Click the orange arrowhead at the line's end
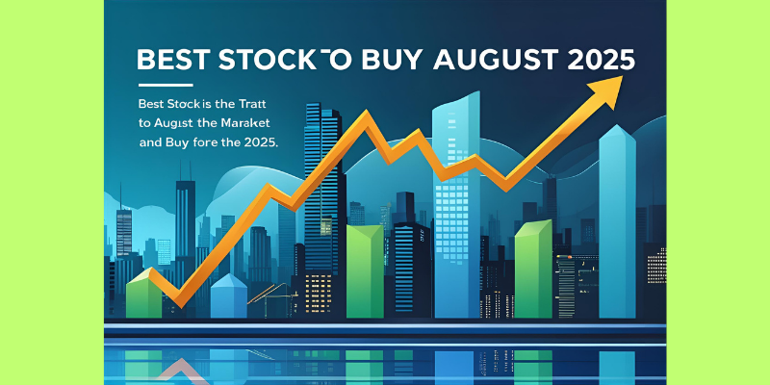pos(605,91)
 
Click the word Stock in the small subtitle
pos(179,104)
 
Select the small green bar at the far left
pos(143,294)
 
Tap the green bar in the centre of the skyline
pos(365,271)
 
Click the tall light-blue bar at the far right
pos(617,221)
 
